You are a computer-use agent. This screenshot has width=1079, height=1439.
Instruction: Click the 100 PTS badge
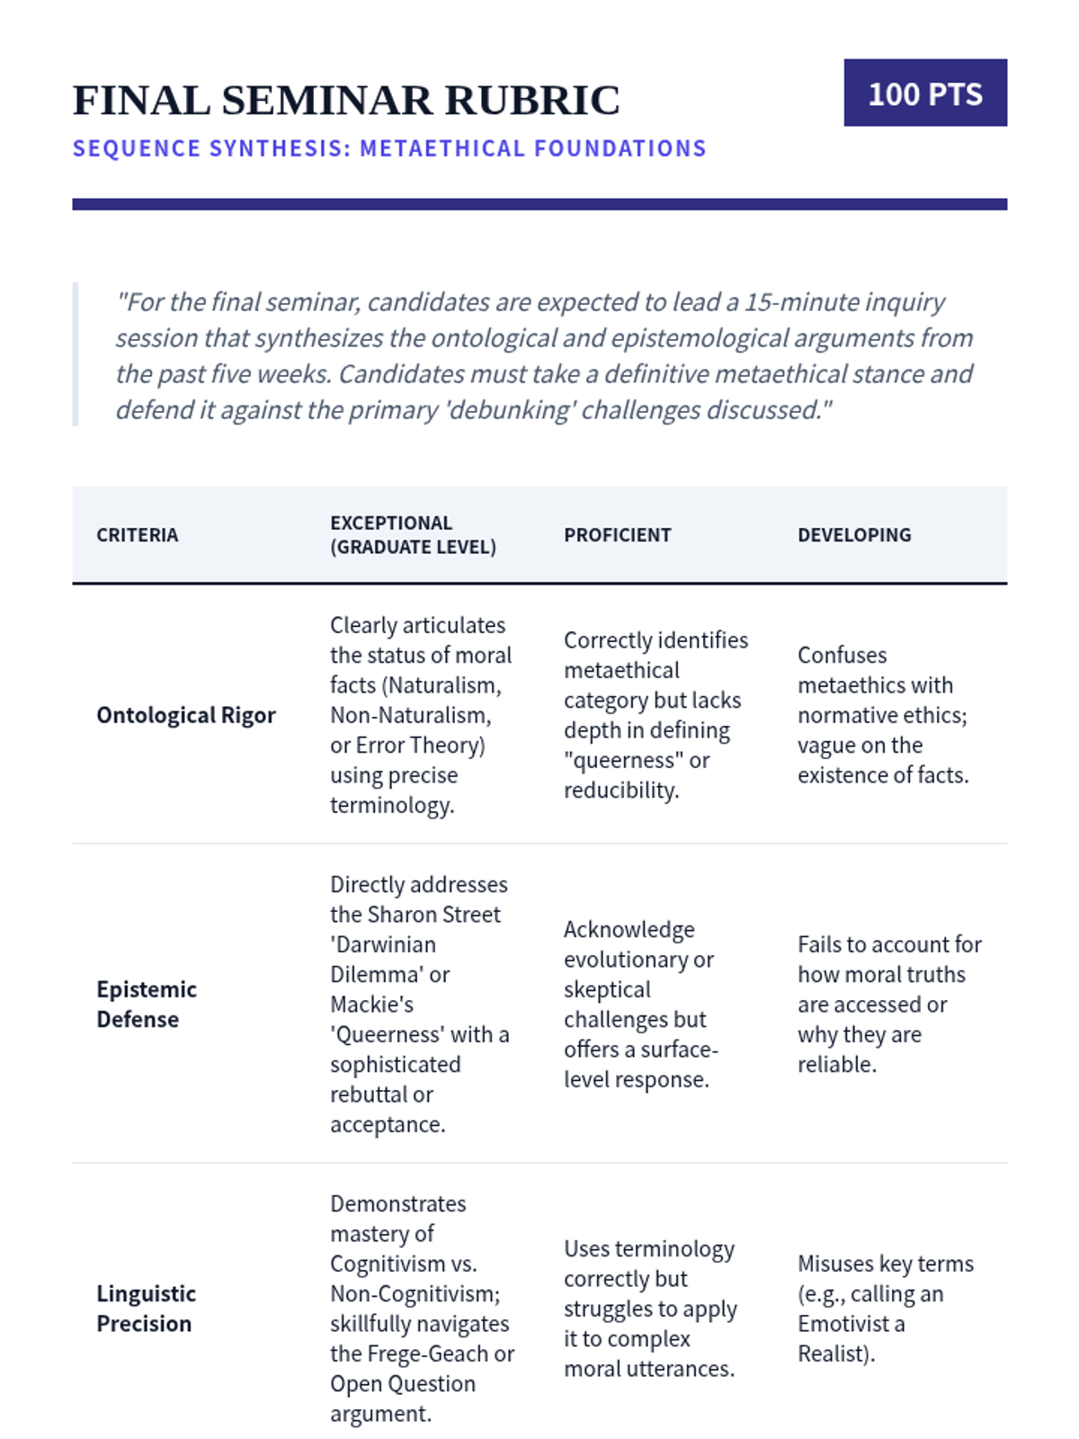(924, 94)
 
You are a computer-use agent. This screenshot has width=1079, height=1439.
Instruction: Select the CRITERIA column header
(138, 535)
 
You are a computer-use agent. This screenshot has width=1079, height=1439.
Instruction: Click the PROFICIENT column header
(617, 535)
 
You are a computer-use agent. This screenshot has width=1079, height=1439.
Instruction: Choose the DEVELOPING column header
(854, 535)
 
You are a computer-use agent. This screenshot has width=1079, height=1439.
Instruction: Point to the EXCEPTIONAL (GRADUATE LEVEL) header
(413, 535)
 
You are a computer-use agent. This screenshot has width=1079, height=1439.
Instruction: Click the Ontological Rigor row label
(186, 715)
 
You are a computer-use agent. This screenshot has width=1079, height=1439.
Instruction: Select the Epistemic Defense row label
(147, 1004)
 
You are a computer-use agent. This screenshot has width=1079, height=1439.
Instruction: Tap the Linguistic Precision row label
(146, 1309)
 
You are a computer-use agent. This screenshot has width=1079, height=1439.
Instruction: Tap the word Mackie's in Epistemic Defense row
(371, 1005)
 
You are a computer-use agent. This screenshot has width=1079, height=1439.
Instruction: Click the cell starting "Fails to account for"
(888, 1004)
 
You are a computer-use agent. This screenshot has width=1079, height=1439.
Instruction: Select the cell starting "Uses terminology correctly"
(650, 1309)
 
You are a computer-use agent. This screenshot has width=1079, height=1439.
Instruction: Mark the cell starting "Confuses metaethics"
(882, 715)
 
